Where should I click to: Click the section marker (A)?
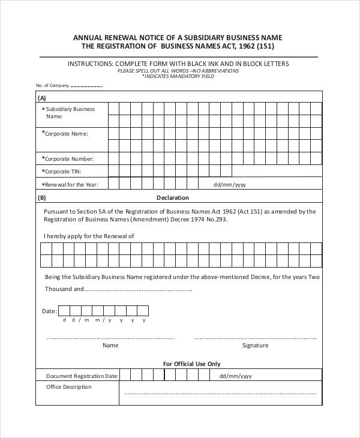[x=42, y=98]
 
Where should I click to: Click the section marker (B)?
[x=42, y=197]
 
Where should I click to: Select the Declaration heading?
[x=173, y=197]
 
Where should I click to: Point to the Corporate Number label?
[x=68, y=159]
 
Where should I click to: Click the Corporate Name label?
[x=65, y=133]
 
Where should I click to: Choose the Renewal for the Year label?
[x=71, y=185]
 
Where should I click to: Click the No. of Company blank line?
[x=86, y=86]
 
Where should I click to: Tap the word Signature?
[x=255, y=346]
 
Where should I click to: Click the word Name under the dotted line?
[x=110, y=346]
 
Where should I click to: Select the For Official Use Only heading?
[x=192, y=364]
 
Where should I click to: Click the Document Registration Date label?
[x=82, y=376]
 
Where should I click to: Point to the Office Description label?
[x=69, y=387]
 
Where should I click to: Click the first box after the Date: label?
[x=65, y=311]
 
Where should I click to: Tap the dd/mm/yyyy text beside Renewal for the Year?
[x=230, y=185]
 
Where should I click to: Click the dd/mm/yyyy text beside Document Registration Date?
[x=235, y=376]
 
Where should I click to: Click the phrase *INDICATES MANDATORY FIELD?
[x=178, y=76]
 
